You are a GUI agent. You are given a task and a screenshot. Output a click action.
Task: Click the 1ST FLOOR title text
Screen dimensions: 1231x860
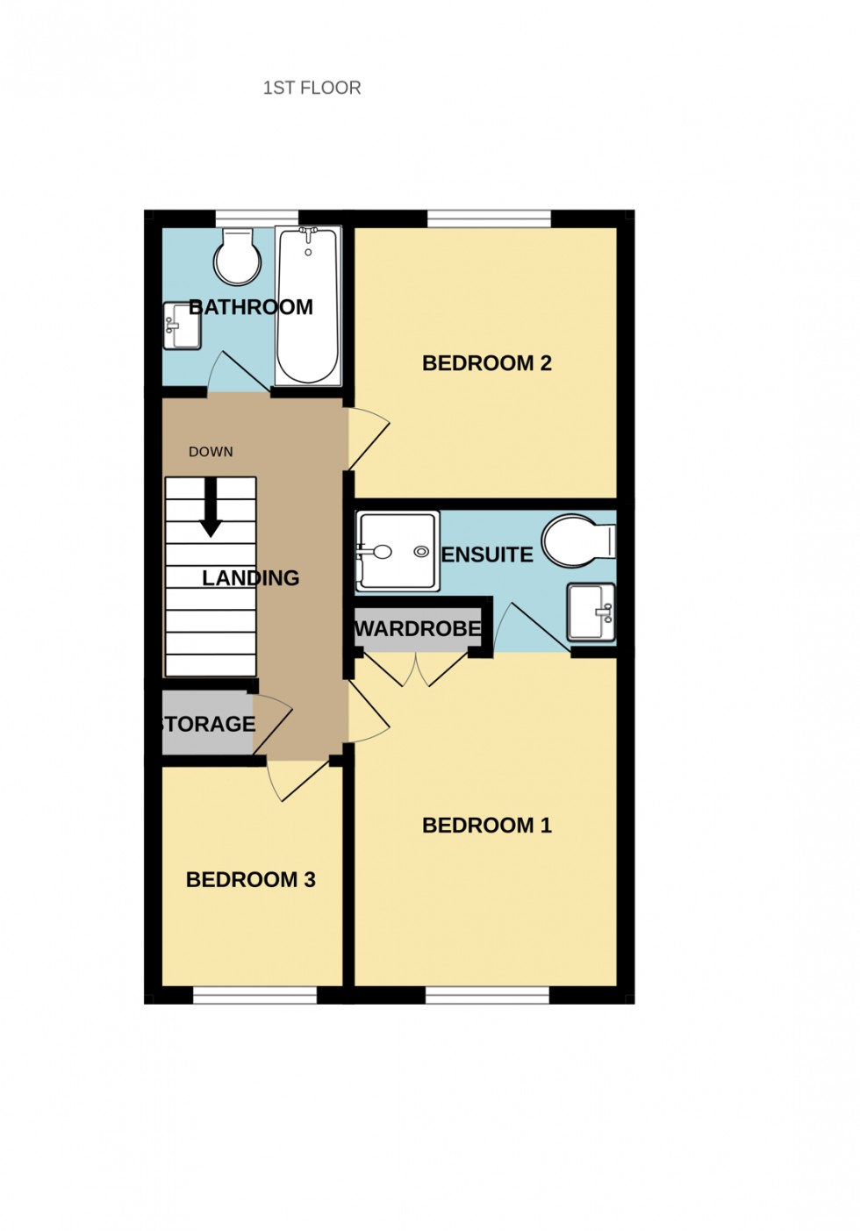coord(312,88)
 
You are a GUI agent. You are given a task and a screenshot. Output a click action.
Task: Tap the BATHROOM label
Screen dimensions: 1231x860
coord(251,307)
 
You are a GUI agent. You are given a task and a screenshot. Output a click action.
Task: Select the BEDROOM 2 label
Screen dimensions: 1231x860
coord(486,363)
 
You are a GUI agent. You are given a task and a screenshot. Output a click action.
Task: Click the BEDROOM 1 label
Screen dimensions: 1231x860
coord(486,825)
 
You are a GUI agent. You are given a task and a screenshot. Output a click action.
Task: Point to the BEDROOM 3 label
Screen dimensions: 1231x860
coord(250,879)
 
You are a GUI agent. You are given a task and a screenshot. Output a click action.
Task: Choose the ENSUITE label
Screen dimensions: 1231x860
coord(487,555)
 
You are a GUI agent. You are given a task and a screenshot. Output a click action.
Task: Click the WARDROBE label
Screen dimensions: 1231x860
coord(418,629)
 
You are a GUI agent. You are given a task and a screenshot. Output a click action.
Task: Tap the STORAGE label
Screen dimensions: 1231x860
coord(208,724)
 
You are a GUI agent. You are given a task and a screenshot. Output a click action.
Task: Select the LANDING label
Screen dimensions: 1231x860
coord(250,577)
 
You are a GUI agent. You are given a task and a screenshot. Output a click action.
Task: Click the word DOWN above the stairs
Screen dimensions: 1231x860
coord(211,452)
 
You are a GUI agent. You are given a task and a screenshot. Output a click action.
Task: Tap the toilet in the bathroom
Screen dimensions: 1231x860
coord(238,256)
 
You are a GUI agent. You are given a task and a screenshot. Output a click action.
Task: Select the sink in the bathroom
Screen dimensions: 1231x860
coord(182,326)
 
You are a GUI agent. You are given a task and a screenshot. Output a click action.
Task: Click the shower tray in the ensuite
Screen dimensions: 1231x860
coord(397,551)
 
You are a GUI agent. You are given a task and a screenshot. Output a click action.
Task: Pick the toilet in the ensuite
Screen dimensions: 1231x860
coord(577,540)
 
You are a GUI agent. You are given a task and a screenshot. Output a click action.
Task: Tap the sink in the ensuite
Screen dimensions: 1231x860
coord(591,612)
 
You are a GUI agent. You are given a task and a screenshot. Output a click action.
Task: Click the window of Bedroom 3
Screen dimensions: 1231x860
coord(254,995)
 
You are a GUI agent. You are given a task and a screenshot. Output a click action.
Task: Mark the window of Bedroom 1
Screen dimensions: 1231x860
coord(487,995)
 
